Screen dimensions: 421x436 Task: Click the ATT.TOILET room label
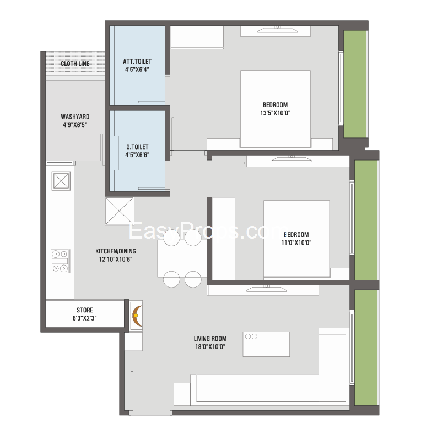pyautogui.click(x=137, y=61)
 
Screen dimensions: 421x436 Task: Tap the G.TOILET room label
pyautogui.click(x=137, y=147)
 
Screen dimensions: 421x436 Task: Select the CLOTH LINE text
pyautogui.click(x=75, y=63)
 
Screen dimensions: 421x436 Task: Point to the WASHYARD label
pyautogui.click(x=75, y=117)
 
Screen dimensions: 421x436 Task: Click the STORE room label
pyautogui.click(x=85, y=310)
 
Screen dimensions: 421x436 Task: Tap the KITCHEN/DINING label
pyautogui.click(x=116, y=251)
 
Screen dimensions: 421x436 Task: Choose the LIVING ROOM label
pyautogui.click(x=210, y=338)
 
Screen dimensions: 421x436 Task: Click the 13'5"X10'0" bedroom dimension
pyautogui.click(x=276, y=113)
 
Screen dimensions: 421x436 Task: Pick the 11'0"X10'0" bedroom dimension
pyautogui.click(x=296, y=242)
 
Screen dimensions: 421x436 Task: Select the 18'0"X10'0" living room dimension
pyautogui.click(x=210, y=346)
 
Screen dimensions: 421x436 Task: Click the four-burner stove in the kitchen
pyautogui.click(x=60, y=261)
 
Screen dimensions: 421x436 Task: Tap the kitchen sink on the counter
pyautogui.click(x=61, y=181)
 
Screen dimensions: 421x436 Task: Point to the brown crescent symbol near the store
pyautogui.click(x=137, y=316)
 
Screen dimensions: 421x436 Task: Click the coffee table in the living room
pyautogui.click(x=266, y=344)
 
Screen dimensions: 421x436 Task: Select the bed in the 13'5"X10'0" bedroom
pyautogui.click(x=276, y=109)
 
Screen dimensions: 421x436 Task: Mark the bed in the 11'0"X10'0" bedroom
pyautogui.click(x=296, y=239)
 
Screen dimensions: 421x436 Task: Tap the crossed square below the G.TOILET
pyautogui.click(x=119, y=211)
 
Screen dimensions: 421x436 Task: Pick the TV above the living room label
pyautogui.click(x=266, y=289)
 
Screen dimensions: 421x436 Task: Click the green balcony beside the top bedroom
pyautogui.click(x=355, y=84)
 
